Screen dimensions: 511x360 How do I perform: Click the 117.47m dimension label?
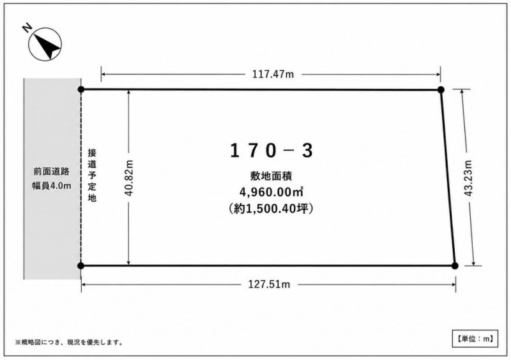pos(273,74)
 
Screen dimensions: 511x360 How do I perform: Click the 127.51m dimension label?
pos(269,285)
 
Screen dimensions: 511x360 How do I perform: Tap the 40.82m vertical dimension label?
pos(129,177)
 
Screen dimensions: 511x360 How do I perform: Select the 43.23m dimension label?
pos(468,178)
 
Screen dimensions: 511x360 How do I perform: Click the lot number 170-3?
pos(271,151)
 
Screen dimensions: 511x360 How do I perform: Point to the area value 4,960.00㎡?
pos(271,192)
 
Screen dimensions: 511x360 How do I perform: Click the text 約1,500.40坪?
pos(271,209)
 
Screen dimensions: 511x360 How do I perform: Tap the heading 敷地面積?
pos(271,176)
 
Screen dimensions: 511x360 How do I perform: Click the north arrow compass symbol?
pos(45,43)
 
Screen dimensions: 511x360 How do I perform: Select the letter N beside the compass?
pos(27,28)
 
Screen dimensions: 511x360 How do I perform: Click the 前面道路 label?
pos(52,171)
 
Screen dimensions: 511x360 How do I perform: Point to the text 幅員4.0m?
pos(52,186)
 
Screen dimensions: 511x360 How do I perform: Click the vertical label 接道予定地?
pos(92,175)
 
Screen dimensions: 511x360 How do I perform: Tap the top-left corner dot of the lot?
pos(81,89)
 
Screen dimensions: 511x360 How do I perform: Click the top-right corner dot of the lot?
pos(441,89)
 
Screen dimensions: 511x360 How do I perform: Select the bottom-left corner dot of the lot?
pos(81,266)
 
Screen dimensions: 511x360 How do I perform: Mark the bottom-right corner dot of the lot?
pos(455,266)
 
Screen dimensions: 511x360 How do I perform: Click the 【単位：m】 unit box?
pos(475,339)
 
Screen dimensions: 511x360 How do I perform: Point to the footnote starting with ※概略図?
pos(69,342)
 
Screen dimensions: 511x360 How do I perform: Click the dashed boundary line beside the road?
pos(81,177)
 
